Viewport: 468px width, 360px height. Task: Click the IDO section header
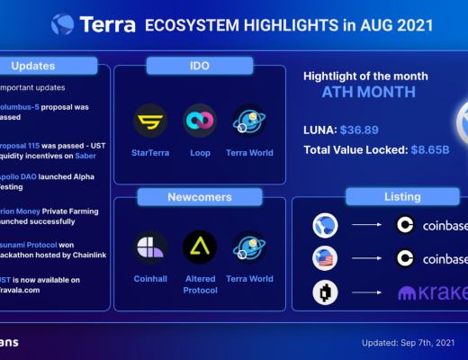pos(199,66)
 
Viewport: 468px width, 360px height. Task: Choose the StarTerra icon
pos(150,121)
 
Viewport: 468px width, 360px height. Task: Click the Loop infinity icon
pos(199,121)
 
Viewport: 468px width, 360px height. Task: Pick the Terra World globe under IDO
pos(249,121)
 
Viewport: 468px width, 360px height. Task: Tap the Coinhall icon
pos(150,247)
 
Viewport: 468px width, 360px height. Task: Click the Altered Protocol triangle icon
pos(199,247)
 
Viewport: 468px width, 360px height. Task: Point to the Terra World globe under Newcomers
pos(249,247)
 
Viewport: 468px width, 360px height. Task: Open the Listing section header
pos(402,196)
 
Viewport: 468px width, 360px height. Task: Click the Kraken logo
pos(431,293)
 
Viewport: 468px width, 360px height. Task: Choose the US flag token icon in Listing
pos(324,259)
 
